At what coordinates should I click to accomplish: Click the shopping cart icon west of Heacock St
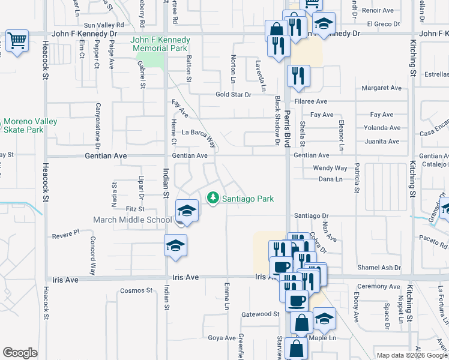(17, 41)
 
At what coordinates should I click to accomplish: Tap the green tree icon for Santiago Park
(212, 197)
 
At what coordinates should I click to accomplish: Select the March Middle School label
(132, 220)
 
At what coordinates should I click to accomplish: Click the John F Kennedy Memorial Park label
(160, 44)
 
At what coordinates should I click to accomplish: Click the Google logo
(20, 353)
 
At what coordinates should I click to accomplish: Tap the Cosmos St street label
(136, 290)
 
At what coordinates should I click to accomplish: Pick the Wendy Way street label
(330, 168)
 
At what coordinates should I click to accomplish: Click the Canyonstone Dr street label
(97, 125)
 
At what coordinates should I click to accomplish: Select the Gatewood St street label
(261, 314)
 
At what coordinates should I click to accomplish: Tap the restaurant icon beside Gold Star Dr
(298, 76)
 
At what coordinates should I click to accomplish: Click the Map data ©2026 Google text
(412, 355)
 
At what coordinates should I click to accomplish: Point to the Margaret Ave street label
(381, 88)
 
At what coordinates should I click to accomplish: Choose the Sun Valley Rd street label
(103, 25)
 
